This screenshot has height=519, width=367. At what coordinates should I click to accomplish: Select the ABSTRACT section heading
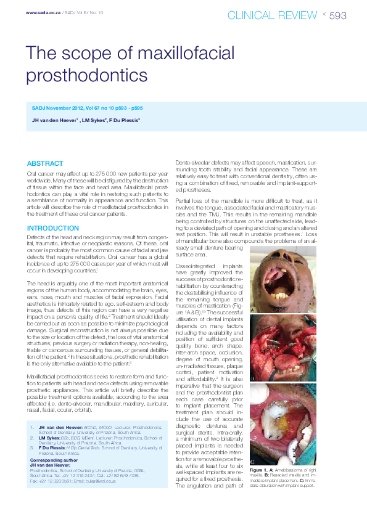coord(44,163)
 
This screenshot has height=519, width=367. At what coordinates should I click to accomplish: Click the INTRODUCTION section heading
coord(53,228)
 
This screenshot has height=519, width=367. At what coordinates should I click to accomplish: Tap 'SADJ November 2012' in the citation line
coord(56,108)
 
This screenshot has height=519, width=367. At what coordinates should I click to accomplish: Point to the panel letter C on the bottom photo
coord(252,444)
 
